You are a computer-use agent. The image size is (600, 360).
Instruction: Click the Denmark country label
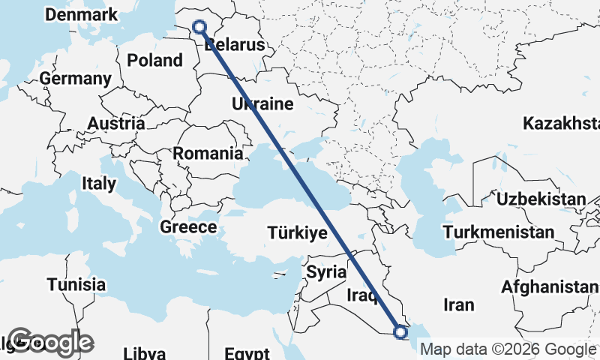(81, 15)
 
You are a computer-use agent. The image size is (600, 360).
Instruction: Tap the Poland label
(154, 60)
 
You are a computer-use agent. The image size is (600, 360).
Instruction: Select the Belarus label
(235, 45)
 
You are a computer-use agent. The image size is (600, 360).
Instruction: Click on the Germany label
(76, 79)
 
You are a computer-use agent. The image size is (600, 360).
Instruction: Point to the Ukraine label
(262, 104)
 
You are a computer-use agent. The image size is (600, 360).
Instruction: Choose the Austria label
(116, 123)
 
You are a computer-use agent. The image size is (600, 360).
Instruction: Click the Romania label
(208, 154)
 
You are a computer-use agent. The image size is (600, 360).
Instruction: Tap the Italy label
(99, 183)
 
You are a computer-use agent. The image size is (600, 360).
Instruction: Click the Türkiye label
(297, 233)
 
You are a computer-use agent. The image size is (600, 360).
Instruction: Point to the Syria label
(326, 271)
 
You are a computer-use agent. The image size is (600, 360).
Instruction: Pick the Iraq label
(361, 297)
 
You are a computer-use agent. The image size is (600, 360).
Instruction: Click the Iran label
(459, 304)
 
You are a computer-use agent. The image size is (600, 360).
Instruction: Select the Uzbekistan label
(541, 199)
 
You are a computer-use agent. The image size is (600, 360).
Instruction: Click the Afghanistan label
(550, 286)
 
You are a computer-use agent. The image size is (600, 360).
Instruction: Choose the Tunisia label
(76, 285)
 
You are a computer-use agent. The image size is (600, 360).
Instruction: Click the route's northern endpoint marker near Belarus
(200, 27)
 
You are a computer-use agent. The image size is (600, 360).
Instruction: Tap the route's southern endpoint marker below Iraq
(400, 331)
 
